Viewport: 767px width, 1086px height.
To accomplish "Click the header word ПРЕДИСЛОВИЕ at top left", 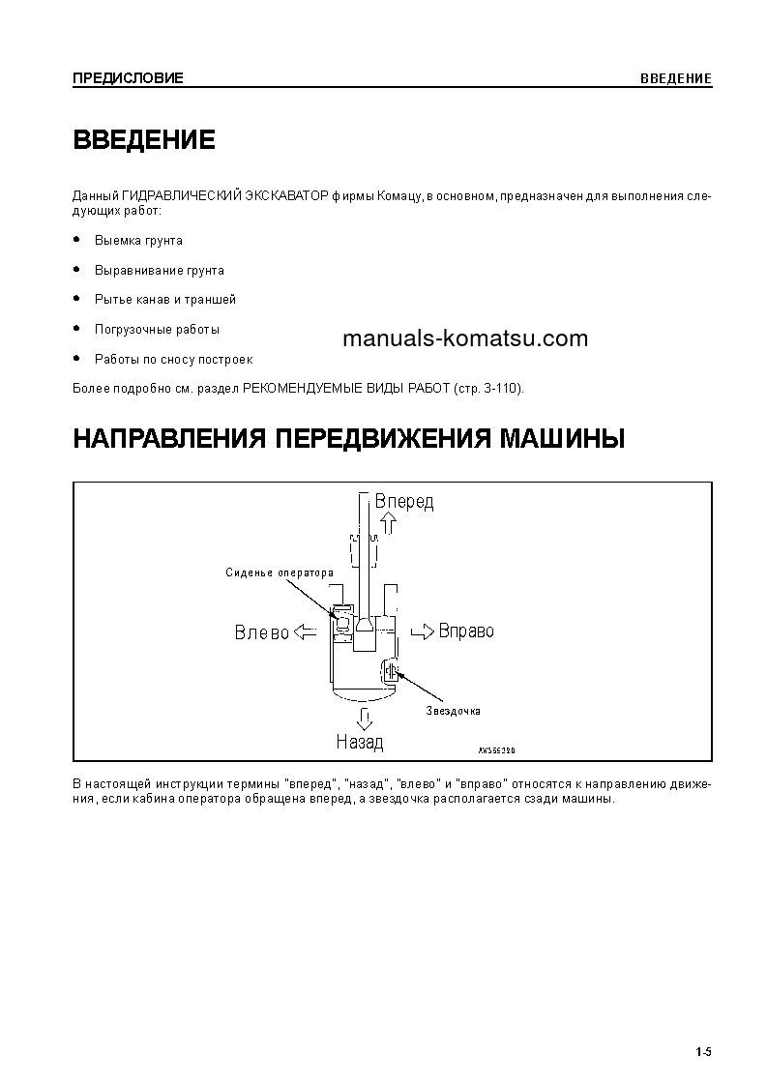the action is point(128,78).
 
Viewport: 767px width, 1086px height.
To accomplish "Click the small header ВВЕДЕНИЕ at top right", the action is point(676,78).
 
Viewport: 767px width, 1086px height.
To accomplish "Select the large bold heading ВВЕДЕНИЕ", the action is point(144,140).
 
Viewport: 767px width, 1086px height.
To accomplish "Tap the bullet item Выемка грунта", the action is point(138,240).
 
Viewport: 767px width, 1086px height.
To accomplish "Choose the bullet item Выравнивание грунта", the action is point(160,271).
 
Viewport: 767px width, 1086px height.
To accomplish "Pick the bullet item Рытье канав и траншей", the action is point(165,300).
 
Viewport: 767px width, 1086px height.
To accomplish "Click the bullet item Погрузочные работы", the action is point(157,329).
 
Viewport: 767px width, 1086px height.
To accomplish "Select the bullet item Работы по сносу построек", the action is point(173,359).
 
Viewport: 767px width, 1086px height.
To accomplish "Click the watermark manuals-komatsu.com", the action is point(465,338).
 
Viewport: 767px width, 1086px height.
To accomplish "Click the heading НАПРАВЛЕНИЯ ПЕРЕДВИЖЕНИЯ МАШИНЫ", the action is point(349,439).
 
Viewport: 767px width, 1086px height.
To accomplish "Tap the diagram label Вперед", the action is point(404,502).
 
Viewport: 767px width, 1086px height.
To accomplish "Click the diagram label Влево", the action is point(262,632).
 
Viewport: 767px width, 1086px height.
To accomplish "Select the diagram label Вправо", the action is point(466,631).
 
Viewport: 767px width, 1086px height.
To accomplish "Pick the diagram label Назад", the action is point(360,743).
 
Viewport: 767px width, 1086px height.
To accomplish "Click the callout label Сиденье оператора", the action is point(279,572).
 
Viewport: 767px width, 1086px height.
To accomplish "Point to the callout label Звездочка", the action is point(453,711).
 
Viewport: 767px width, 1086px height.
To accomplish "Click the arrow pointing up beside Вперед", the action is point(389,524).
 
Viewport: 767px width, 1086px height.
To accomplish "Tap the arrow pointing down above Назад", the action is point(365,719).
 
